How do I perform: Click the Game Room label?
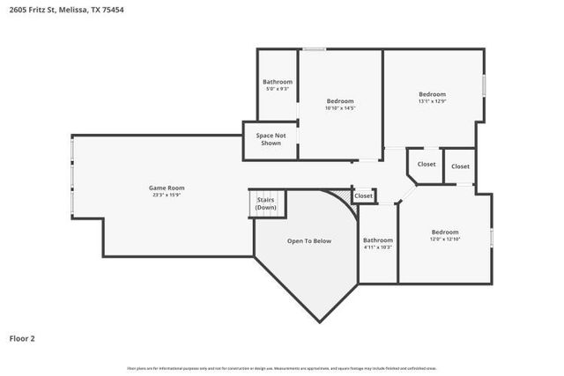point(166,187)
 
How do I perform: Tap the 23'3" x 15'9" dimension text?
point(166,195)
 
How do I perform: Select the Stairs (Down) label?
point(265,203)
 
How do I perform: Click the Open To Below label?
point(308,240)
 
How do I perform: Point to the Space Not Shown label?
point(270,139)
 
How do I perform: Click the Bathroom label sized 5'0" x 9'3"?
point(278,82)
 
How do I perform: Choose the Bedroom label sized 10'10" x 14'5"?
point(340,100)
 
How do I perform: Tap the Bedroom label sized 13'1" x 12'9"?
point(432,94)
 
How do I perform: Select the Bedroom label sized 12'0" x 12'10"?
point(444,232)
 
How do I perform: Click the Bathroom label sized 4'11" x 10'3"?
point(378,240)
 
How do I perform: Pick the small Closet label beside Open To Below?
point(363,195)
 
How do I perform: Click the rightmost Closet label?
point(460,166)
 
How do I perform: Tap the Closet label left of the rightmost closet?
point(427,164)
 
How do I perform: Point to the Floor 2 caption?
point(22,337)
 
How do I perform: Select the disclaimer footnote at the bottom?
point(281,368)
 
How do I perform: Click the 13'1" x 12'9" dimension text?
point(432,101)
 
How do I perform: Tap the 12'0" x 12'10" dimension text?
point(444,239)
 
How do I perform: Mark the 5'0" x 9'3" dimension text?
point(278,89)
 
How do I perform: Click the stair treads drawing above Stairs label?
point(265,193)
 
